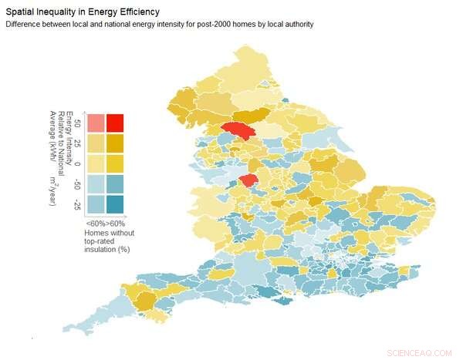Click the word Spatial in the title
pyautogui.click(x=23, y=12)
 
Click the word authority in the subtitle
pyautogui.click(x=294, y=25)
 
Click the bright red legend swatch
pyautogui.click(x=115, y=123)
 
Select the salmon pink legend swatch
pyautogui.click(x=95, y=123)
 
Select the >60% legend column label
pyautogui.click(x=115, y=223)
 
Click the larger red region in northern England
pyautogui.click(x=237, y=130)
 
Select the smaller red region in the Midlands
pyautogui.click(x=248, y=180)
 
